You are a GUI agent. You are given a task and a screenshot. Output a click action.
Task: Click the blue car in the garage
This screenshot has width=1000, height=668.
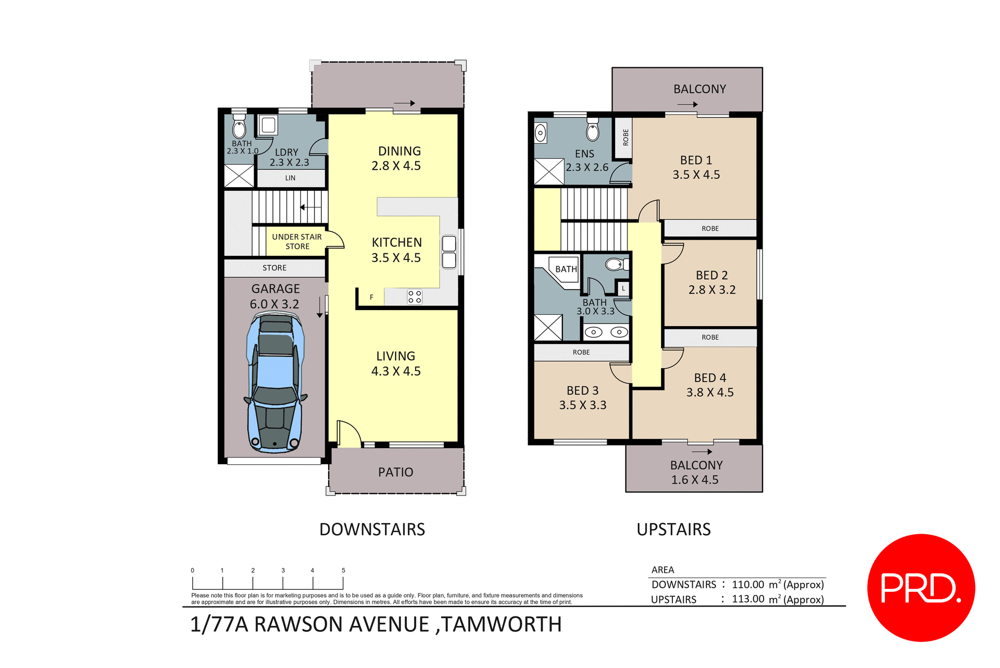(x=275, y=383)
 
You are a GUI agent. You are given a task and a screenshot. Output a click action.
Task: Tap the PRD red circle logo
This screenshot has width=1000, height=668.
(x=921, y=588)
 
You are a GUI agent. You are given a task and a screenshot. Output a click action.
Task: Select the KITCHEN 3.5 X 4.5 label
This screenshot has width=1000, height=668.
(x=396, y=250)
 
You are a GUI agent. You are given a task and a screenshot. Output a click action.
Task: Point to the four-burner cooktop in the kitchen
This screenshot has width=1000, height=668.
(x=415, y=297)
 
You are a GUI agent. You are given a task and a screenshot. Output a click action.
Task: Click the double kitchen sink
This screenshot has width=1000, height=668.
(x=449, y=252)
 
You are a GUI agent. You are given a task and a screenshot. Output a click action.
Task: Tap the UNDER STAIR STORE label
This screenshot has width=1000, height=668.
(x=297, y=241)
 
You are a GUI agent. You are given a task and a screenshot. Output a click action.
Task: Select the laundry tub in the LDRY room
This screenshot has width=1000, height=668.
(x=268, y=125)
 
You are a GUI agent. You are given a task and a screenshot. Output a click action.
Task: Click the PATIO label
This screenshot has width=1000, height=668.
(x=395, y=472)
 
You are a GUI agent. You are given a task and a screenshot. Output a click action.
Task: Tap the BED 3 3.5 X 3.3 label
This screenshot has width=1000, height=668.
(x=582, y=398)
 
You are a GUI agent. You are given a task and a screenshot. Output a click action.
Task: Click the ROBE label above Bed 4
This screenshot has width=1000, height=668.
(x=710, y=337)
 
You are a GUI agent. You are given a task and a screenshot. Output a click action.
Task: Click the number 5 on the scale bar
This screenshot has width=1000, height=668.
(x=343, y=570)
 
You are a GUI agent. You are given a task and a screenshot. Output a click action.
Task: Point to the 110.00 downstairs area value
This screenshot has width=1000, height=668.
(x=748, y=585)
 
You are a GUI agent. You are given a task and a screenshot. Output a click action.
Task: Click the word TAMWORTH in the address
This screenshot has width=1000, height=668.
(x=502, y=624)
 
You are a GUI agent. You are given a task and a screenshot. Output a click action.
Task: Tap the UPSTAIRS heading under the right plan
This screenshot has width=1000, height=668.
(x=673, y=529)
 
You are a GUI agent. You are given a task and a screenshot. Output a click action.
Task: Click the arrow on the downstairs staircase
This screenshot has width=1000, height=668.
(x=310, y=207)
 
